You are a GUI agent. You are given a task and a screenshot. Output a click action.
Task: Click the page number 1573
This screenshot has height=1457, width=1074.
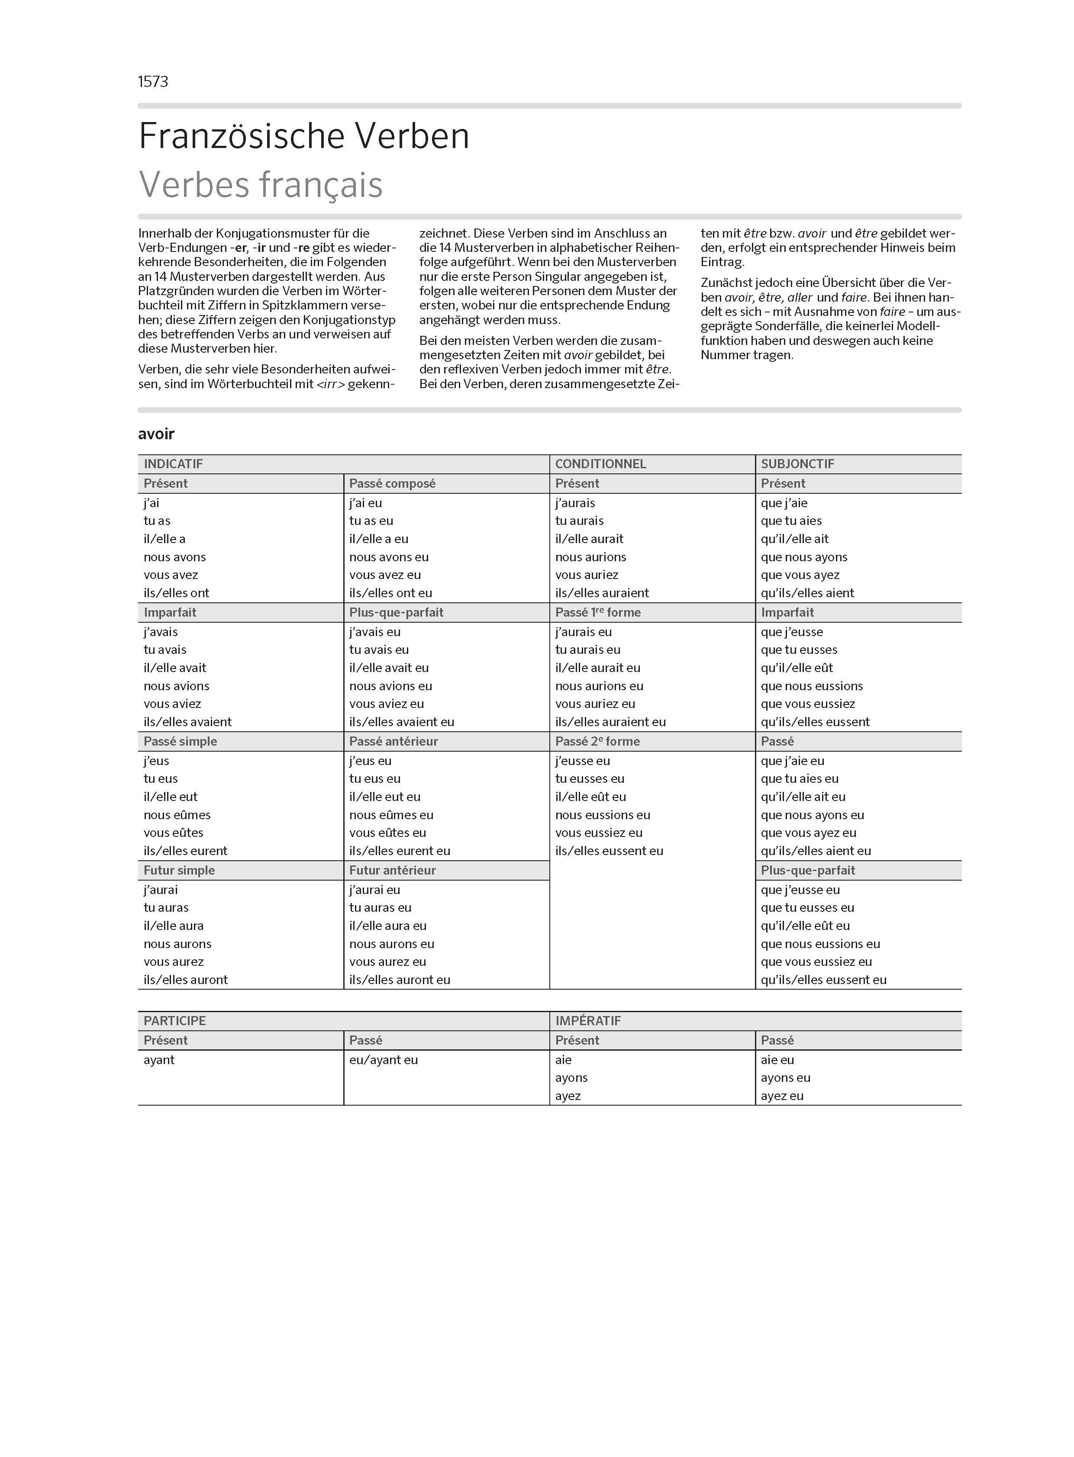point(153,82)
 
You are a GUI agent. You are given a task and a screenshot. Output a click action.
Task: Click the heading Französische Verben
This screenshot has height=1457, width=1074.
point(303,136)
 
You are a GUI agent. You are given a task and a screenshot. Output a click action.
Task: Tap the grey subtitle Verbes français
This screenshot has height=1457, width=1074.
point(261,185)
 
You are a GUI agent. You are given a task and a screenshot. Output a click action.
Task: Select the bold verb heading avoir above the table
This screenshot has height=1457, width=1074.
point(156,434)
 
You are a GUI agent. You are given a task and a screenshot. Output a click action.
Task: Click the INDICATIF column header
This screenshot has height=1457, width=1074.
point(173,464)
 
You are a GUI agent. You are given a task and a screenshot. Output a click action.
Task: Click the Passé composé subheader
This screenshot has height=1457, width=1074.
point(392,483)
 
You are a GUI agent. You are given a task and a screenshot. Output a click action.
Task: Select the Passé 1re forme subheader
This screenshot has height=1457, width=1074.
point(597,612)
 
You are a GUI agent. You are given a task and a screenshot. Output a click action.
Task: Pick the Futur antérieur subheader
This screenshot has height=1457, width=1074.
point(392,870)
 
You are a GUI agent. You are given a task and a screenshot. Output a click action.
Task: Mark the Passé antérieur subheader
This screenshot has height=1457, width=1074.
point(393,742)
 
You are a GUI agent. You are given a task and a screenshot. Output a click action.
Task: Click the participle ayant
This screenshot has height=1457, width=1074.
point(159,1060)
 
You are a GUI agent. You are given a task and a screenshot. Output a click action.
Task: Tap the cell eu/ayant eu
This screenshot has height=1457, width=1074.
point(384,1060)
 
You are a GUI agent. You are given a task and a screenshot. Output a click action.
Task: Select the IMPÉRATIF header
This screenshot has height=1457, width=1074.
point(588,1021)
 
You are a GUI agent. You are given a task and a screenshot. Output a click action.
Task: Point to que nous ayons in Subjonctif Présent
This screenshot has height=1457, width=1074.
point(804,557)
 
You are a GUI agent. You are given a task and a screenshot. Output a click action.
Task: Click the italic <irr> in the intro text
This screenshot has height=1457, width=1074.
point(330,384)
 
